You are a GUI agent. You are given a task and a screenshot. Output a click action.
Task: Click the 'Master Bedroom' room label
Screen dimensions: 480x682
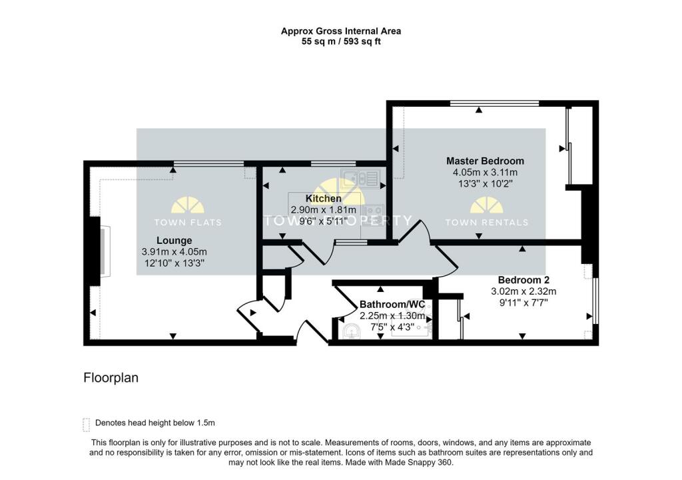pos(485,161)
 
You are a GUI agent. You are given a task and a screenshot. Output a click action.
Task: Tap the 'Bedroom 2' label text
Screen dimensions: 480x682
pos(523,280)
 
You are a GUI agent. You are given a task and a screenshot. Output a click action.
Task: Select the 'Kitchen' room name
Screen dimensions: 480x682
pos(324,199)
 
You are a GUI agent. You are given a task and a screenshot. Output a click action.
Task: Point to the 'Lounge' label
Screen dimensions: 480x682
pos(174,240)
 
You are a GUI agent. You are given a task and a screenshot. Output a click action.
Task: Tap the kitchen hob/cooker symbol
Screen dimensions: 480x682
pos(370,212)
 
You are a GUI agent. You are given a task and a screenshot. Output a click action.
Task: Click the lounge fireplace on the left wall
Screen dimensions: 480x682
pos(105,251)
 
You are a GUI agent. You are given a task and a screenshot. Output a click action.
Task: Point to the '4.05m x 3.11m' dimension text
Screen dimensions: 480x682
pos(485,172)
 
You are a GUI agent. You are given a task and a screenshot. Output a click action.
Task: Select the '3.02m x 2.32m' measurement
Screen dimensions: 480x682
pos(523,291)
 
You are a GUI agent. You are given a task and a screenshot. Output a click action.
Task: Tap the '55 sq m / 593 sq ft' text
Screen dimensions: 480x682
pos(341,41)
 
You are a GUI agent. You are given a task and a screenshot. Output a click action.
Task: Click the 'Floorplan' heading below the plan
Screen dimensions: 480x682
pos(111,378)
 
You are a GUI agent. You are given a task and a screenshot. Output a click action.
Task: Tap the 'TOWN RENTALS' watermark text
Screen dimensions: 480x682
pos(486,223)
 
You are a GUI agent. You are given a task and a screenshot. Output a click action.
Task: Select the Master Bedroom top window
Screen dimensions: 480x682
pos(494,103)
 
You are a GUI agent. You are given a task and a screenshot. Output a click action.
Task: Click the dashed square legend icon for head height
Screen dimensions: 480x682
pos(86,424)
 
